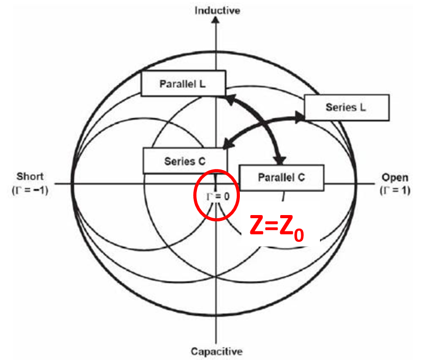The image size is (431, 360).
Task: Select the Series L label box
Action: (346, 107)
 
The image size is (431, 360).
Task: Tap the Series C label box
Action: (184, 161)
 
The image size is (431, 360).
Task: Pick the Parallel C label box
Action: (281, 177)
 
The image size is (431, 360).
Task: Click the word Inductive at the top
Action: (217, 10)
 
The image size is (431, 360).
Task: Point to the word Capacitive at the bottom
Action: (216, 351)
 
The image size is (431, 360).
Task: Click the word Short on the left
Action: (30, 176)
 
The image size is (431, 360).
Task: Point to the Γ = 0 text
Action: (216, 196)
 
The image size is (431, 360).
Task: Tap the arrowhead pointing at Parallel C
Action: (282, 159)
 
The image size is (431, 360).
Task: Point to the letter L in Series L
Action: (362, 107)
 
